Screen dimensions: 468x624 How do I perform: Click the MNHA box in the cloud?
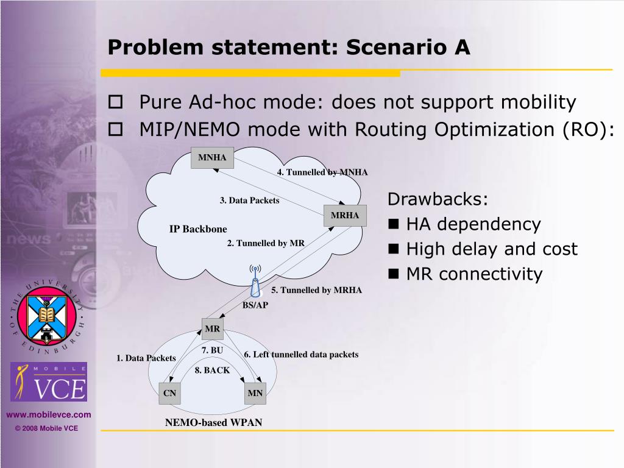[212, 158]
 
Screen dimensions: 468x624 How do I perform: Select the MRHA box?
[345, 216]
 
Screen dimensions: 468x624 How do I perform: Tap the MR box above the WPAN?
[213, 330]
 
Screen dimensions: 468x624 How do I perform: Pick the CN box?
[169, 394]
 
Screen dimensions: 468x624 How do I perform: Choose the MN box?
[255, 394]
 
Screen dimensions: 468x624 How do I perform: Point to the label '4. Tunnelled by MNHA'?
[322, 172]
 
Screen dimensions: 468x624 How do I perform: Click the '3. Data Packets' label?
[250, 200]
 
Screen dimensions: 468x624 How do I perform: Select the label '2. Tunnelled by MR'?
[266, 243]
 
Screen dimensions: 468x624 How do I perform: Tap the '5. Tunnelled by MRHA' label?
[317, 290]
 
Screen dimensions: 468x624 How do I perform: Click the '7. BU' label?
[212, 350]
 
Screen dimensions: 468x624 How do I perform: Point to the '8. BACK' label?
[213, 370]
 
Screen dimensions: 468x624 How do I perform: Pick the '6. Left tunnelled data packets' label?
[301, 354]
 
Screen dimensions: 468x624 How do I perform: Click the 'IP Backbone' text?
[198, 229]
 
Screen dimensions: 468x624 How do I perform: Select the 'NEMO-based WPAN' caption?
[214, 422]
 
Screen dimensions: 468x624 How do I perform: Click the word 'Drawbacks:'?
[438, 200]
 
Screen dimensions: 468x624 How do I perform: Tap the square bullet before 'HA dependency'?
[394, 225]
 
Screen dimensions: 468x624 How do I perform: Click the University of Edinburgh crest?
[48, 315]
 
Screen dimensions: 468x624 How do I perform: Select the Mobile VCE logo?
[49, 381]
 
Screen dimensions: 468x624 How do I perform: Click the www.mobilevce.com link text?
[49, 415]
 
